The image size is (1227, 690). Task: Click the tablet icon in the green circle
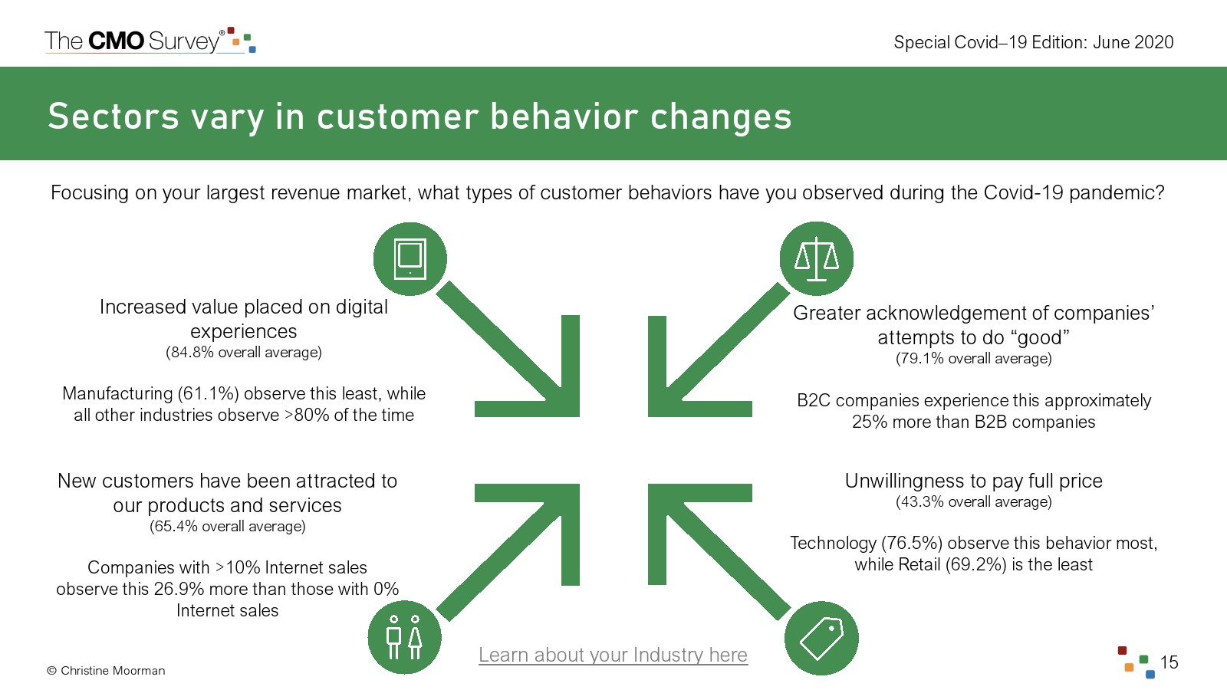pos(410,259)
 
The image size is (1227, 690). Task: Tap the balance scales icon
pos(816,259)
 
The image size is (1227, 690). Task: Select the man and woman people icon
pos(404,637)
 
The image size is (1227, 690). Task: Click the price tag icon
pos(821,638)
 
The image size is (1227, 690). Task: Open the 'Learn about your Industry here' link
pos(613,655)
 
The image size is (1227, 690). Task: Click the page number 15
pos(1169,662)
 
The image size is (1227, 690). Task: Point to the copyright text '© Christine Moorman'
pos(106,670)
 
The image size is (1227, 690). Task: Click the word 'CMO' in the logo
pos(116,41)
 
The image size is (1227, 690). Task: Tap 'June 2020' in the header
pos(1133,42)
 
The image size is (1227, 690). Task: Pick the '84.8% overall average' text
pos(244,352)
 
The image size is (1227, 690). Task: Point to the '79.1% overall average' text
pos(973,359)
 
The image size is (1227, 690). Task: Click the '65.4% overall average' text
pos(227,526)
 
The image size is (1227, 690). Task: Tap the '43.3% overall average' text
pos(973,501)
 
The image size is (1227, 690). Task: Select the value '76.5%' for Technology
pos(912,543)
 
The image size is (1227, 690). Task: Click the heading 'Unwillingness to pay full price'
pos(973,481)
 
